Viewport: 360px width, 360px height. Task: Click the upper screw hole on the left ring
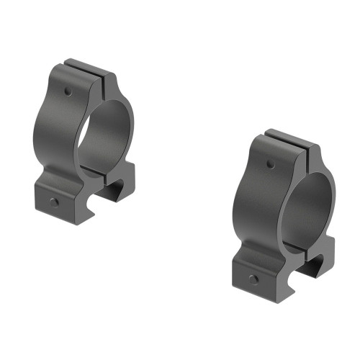(x=68, y=92)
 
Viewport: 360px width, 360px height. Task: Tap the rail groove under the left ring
(x=108, y=191)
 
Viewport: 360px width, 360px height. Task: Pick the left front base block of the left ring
(x=55, y=194)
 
